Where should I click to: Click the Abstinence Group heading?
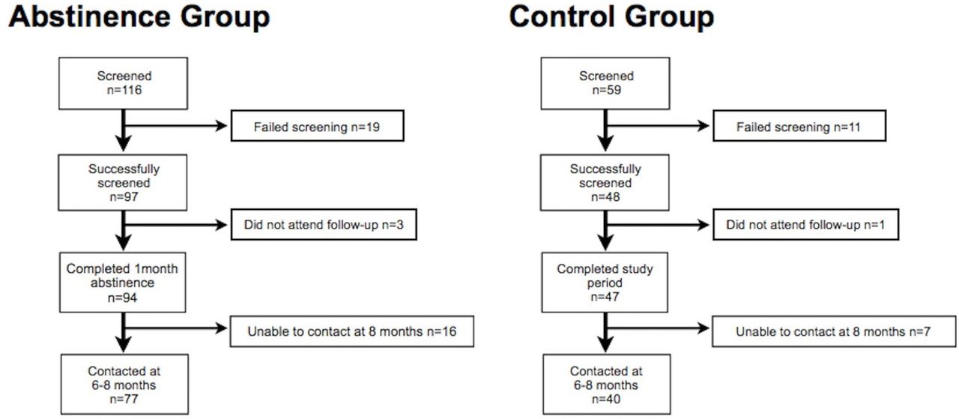pyautogui.click(x=139, y=18)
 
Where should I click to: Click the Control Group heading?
pyautogui.click(x=611, y=18)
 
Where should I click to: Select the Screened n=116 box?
pyautogui.click(x=124, y=83)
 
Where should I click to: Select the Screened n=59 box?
pyautogui.click(x=605, y=83)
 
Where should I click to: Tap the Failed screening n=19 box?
pyautogui.click(x=317, y=126)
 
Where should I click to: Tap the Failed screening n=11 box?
pyautogui.click(x=799, y=126)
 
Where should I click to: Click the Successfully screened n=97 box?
pyautogui.click(x=123, y=182)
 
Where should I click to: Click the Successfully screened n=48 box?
pyautogui.click(x=605, y=182)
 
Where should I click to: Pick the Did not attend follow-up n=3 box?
pyautogui.click(x=324, y=225)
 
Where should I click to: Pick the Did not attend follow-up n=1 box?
pyautogui.click(x=805, y=225)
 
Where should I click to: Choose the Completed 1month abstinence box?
pyautogui.click(x=123, y=283)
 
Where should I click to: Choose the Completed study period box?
pyautogui.click(x=605, y=283)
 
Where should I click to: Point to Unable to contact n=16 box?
pyautogui.click(x=352, y=331)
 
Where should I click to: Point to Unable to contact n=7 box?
pyautogui.click(x=834, y=331)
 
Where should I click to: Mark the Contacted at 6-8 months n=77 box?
pyautogui.click(x=124, y=385)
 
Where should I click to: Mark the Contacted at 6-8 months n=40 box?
pyautogui.click(x=607, y=385)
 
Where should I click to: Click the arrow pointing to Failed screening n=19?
pyautogui.click(x=175, y=125)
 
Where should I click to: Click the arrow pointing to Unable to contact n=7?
pyautogui.click(x=658, y=328)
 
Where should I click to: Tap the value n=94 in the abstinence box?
pyautogui.click(x=122, y=298)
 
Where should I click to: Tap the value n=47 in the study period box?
pyautogui.click(x=605, y=297)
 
